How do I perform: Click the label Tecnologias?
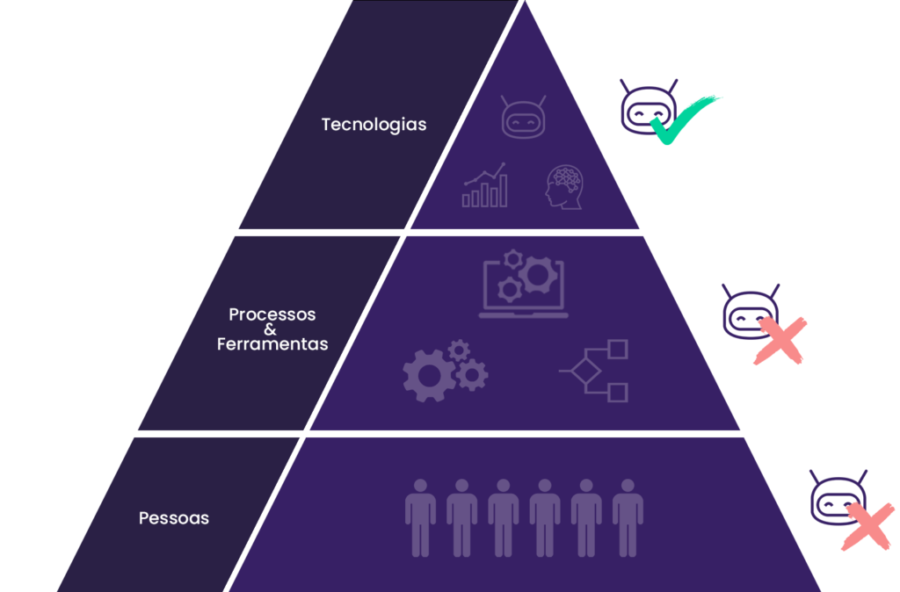(x=374, y=125)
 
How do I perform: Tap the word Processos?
(x=272, y=314)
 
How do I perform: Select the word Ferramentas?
(x=272, y=344)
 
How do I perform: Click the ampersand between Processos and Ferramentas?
(x=271, y=329)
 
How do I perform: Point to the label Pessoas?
(x=174, y=518)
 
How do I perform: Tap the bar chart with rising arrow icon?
(x=485, y=185)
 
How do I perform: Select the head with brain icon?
(x=563, y=187)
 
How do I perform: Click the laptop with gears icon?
(x=524, y=285)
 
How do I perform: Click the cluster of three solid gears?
(x=445, y=370)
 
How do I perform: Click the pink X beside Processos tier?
(x=780, y=342)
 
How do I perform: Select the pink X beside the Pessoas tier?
(x=867, y=525)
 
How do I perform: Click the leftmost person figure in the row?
(x=420, y=517)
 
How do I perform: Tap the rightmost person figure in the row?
(x=628, y=517)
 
